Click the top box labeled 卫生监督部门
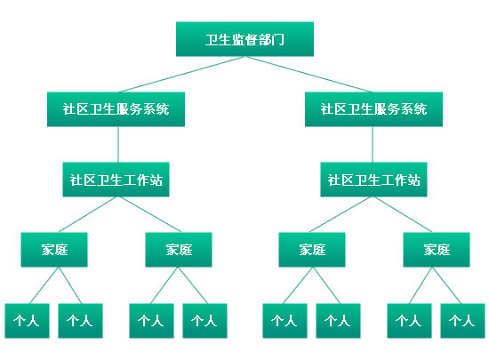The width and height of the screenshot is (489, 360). [x=244, y=39]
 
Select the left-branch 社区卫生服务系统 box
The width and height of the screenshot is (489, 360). [x=116, y=109]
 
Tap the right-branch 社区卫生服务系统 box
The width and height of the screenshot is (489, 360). [x=373, y=109]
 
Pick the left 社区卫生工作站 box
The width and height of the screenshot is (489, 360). [x=116, y=180]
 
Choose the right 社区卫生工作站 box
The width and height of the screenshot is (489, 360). [x=373, y=180]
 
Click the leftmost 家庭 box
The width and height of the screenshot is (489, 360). [x=54, y=250]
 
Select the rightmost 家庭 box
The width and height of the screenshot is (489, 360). [x=437, y=250]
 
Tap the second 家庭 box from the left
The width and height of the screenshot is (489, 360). [x=179, y=250]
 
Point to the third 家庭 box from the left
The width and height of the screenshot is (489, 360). [x=312, y=250]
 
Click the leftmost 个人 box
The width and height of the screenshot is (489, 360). [x=28, y=321]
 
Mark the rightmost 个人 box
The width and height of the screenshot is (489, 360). [x=463, y=321]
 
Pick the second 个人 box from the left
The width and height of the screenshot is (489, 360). [x=80, y=321]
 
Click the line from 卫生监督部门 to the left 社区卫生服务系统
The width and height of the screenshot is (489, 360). [x=181, y=74]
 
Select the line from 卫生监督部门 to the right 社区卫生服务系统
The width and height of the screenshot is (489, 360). [x=309, y=74]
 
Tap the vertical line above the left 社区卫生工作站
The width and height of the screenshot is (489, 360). [x=118, y=144]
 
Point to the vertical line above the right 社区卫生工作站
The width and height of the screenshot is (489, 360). [x=373, y=144]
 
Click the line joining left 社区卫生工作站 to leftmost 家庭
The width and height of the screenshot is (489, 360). [x=88, y=214]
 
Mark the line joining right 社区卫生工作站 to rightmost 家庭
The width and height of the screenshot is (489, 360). [x=403, y=214]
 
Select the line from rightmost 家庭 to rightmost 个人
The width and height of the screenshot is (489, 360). [x=446, y=285]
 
